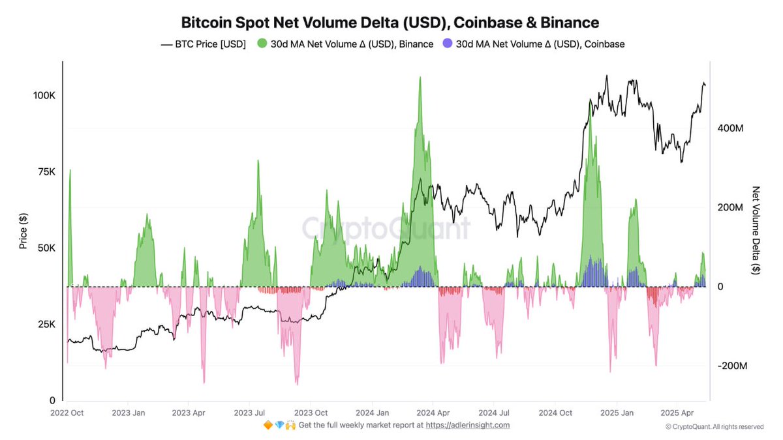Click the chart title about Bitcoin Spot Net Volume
coord(390,23)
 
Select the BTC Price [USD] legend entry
coord(203,44)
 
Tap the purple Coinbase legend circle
coord(447,44)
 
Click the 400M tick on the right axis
coord(730,128)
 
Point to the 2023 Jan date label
coord(129,413)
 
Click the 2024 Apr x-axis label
coord(433,413)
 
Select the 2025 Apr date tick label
coord(677,413)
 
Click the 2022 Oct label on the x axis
coord(67,413)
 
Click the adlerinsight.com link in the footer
coord(468,425)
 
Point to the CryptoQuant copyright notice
coord(714,427)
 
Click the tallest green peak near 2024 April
coord(420,78)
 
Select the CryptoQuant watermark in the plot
coord(385,229)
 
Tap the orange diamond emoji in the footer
coord(268,425)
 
